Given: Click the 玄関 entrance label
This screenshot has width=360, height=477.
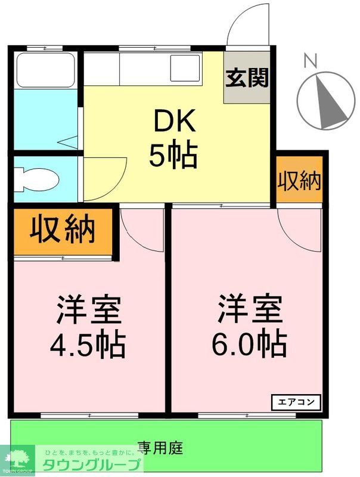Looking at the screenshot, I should click(x=247, y=78).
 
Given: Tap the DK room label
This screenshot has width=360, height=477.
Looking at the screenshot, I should click(x=175, y=122).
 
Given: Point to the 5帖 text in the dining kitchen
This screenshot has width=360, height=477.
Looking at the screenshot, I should click(x=173, y=156).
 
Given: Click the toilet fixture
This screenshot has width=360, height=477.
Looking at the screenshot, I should click(x=35, y=177).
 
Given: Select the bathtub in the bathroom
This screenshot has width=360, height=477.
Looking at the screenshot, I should click(x=45, y=70).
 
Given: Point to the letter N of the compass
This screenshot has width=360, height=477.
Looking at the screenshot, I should click(x=309, y=60).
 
